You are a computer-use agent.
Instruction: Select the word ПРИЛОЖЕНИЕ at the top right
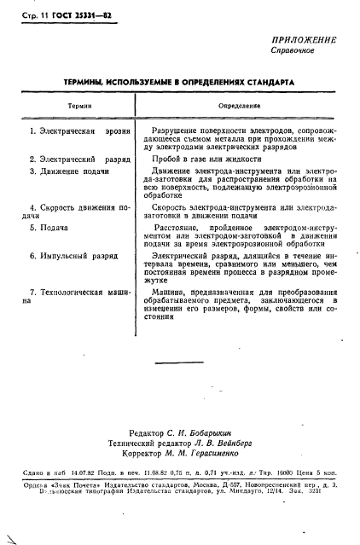point(302,40)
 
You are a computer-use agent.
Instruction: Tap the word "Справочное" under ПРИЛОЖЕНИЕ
point(293,51)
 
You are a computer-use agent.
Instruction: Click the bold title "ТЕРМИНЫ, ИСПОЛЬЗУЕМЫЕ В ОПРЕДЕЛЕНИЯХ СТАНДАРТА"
point(179,83)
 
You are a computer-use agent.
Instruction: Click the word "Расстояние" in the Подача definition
point(179,229)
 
